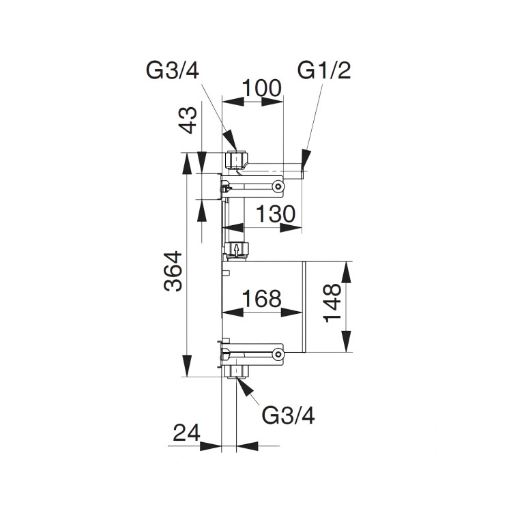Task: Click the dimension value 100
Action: (x=263, y=89)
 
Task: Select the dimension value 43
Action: (x=190, y=121)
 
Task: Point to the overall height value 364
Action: (x=173, y=272)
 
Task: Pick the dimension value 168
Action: (x=262, y=298)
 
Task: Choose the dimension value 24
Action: (x=187, y=432)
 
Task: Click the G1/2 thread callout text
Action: (x=324, y=70)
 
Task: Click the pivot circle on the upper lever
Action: (x=277, y=185)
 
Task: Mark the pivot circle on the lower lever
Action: (x=277, y=353)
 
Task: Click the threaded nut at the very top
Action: (x=235, y=160)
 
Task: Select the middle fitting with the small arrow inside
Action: (x=236, y=250)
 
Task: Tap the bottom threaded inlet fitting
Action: (x=238, y=370)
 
